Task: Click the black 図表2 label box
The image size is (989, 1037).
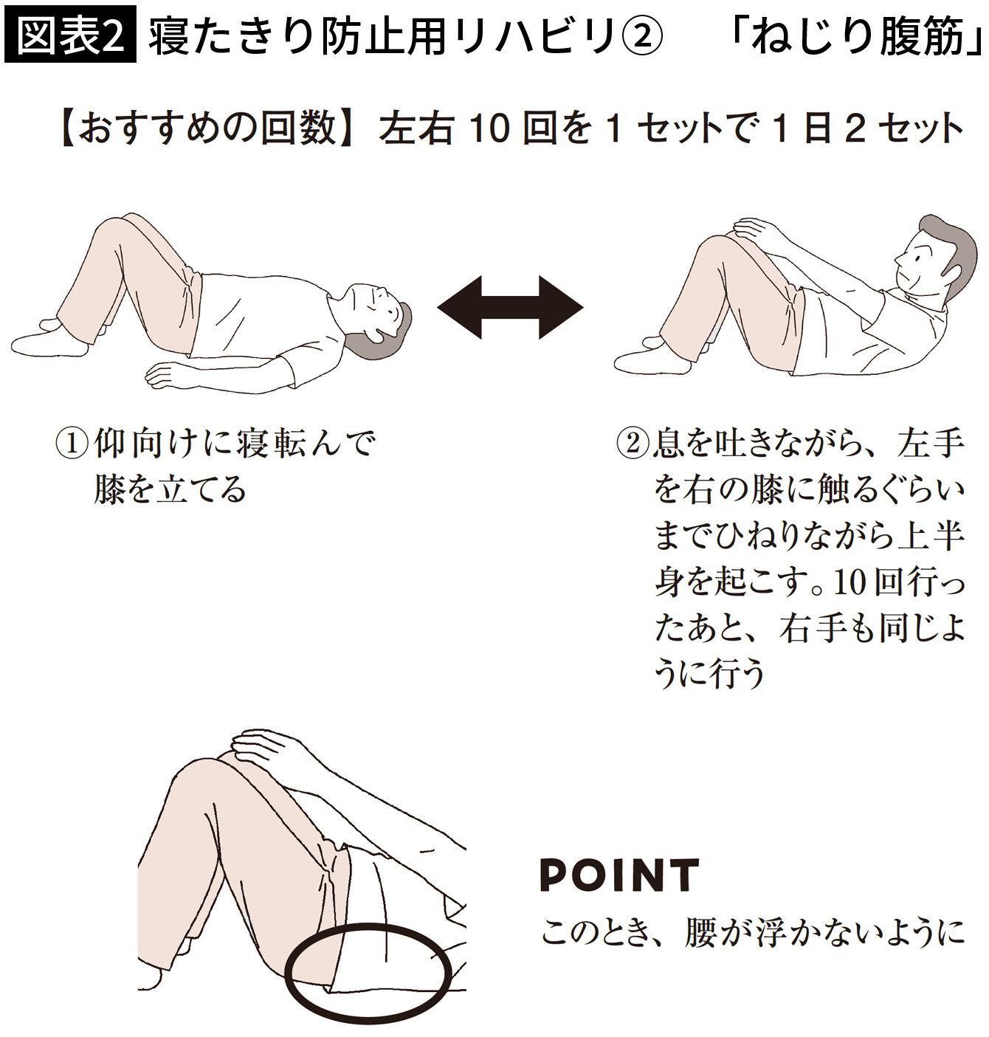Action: (x=70, y=34)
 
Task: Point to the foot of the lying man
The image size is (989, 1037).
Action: (x=50, y=340)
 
